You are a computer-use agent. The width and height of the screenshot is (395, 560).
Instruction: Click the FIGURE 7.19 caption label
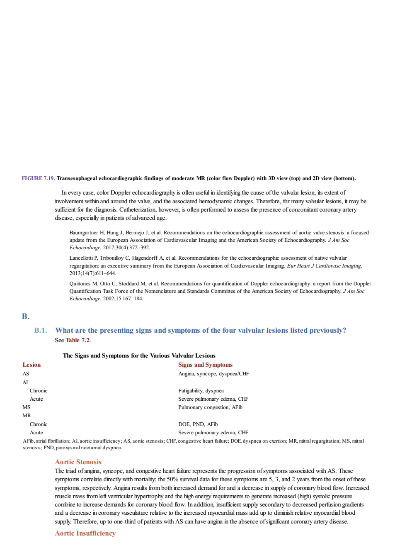(38, 178)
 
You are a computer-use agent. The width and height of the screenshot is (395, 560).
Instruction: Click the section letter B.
(26, 317)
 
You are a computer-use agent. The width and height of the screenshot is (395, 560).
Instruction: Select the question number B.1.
(41, 331)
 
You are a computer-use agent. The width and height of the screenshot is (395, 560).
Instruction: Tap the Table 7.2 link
(78, 340)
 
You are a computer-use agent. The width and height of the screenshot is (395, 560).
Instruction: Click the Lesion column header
(32, 365)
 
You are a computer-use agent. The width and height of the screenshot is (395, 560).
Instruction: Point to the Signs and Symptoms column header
(205, 365)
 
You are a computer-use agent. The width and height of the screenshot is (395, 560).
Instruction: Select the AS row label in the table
(26, 374)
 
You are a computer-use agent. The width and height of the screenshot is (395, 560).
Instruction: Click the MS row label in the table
(26, 407)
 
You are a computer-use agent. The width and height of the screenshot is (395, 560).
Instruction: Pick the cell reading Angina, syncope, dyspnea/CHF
(213, 374)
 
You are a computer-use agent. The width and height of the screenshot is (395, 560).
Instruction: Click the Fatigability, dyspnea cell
(201, 391)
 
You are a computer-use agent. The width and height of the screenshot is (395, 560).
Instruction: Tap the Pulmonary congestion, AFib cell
(211, 407)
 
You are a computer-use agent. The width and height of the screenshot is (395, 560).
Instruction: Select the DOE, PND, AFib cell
(198, 424)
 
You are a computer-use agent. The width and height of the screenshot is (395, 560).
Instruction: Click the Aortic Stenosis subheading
(78, 462)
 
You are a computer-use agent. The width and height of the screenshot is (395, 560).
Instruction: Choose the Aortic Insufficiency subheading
(85, 533)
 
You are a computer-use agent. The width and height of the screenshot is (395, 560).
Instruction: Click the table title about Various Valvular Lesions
(139, 355)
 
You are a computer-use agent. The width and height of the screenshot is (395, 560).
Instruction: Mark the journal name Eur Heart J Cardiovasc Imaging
(324, 266)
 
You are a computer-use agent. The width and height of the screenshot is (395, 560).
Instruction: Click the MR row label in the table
(27, 416)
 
